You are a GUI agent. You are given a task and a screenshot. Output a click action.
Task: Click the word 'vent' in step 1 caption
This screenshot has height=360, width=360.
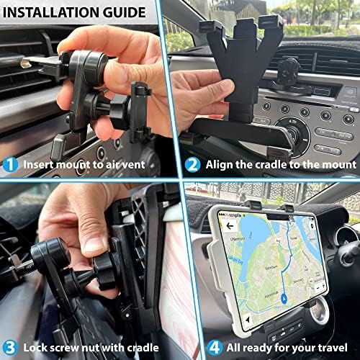pyautogui.click(x=148, y=163)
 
